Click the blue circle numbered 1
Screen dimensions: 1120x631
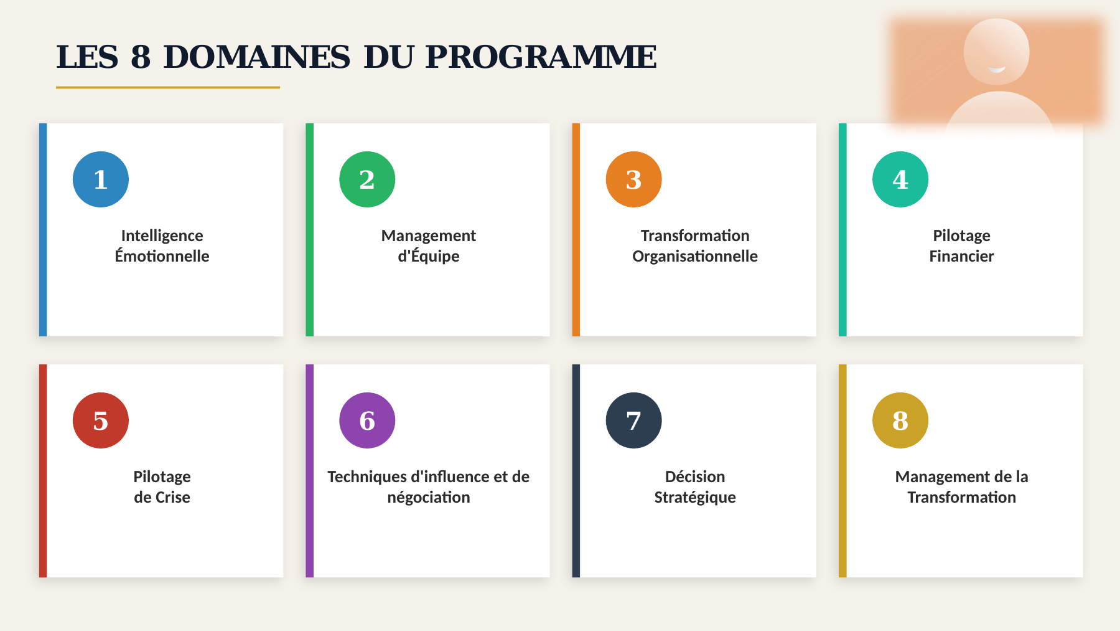click(101, 179)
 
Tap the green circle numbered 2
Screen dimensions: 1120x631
click(367, 179)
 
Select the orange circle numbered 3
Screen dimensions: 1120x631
click(633, 179)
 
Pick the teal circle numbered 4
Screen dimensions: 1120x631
click(900, 179)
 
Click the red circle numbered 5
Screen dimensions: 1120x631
click(101, 420)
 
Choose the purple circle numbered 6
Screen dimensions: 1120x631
click(367, 420)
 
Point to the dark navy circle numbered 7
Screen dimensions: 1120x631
click(633, 420)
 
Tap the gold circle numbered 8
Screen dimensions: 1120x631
click(900, 420)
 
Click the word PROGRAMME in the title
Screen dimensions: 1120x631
click(541, 57)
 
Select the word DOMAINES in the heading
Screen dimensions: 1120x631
click(257, 57)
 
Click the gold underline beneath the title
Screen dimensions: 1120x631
click(168, 87)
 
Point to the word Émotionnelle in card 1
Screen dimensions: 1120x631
click(162, 256)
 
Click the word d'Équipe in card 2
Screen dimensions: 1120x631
click(429, 256)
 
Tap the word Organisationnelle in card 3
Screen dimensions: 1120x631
click(695, 257)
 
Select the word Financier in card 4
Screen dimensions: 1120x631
click(961, 256)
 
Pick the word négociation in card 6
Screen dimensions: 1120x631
click(429, 498)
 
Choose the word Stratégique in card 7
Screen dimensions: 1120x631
click(695, 498)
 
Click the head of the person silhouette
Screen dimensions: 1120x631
click(996, 51)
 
